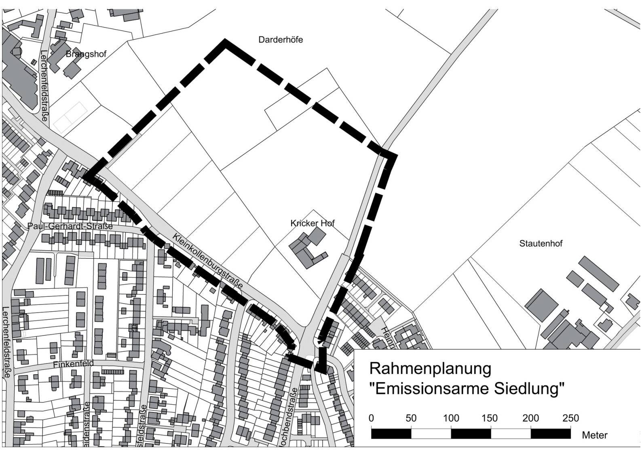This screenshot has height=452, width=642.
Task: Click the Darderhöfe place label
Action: tap(281, 40)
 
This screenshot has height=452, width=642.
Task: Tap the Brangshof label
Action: tap(86, 54)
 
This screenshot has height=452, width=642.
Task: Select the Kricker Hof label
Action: tap(313, 223)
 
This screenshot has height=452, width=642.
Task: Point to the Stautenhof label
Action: tap(541, 244)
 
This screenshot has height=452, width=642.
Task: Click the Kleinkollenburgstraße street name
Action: tap(208, 261)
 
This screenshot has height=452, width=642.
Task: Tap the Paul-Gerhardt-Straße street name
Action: tap(70, 226)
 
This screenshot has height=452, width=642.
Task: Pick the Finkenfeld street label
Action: tap(73, 364)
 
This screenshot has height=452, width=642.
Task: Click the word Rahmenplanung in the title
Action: tap(430, 369)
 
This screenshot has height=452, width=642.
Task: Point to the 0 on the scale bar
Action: tap(372, 418)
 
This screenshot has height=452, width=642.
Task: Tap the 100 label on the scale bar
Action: tap(451, 418)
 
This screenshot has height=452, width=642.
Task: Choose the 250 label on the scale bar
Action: tap(570, 418)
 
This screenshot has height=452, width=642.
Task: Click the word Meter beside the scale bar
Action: tap(594, 435)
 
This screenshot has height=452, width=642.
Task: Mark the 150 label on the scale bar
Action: tap(490, 418)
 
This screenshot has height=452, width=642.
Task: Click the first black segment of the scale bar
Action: tap(391, 434)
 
